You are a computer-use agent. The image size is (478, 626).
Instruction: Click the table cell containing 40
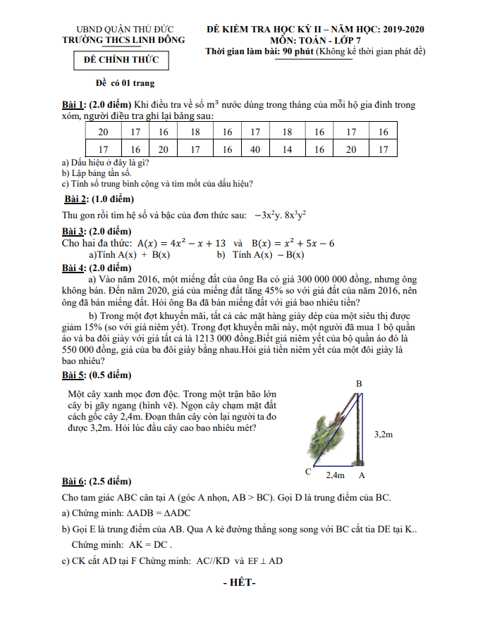point(255,149)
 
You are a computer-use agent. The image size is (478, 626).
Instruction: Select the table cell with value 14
point(287,149)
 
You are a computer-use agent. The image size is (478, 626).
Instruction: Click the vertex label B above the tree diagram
point(359,384)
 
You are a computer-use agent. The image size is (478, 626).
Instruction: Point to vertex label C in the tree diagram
point(308,470)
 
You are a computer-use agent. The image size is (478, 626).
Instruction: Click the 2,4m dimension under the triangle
point(336,475)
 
